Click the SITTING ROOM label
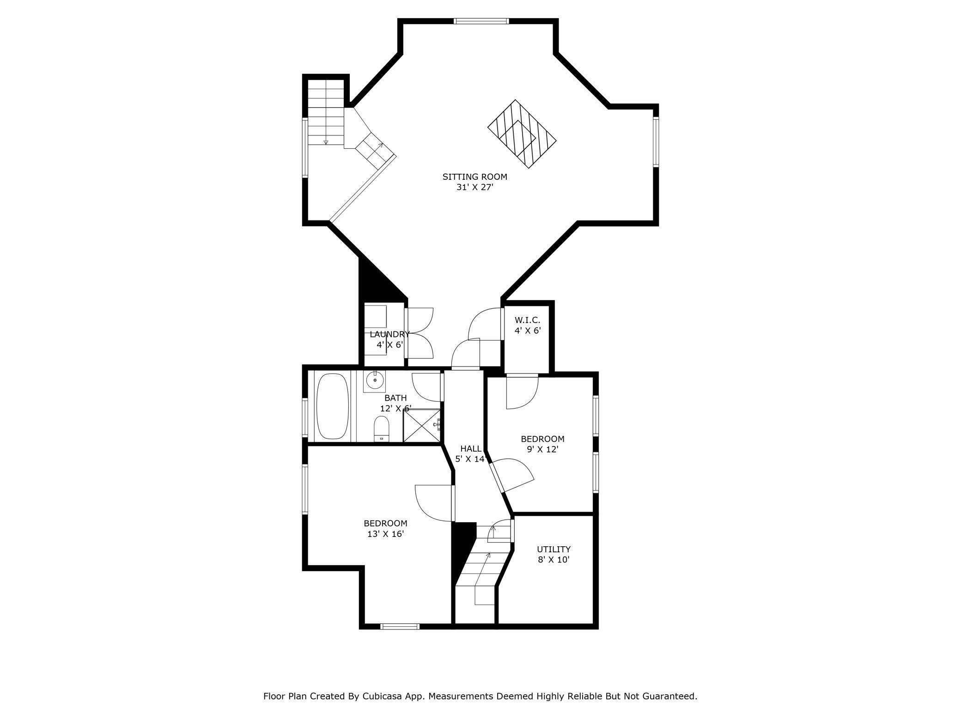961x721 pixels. (474, 177)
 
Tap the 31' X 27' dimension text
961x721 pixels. (475, 187)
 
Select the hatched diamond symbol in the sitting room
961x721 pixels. (522, 134)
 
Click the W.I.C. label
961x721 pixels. (527, 320)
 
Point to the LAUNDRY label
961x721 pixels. (389, 334)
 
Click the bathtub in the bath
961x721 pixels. (333, 406)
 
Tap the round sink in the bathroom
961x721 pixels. (374, 380)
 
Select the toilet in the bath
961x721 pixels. (382, 428)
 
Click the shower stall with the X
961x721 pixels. (422, 425)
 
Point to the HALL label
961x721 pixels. (471, 448)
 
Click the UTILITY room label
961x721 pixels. (553, 549)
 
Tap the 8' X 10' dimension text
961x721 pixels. (553, 560)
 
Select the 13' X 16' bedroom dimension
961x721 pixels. (385, 534)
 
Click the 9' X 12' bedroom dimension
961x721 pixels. (543, 449)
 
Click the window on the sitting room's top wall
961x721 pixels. (481, 21)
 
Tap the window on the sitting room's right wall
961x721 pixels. (656, 141)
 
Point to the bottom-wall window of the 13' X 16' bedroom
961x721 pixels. (400, 626)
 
